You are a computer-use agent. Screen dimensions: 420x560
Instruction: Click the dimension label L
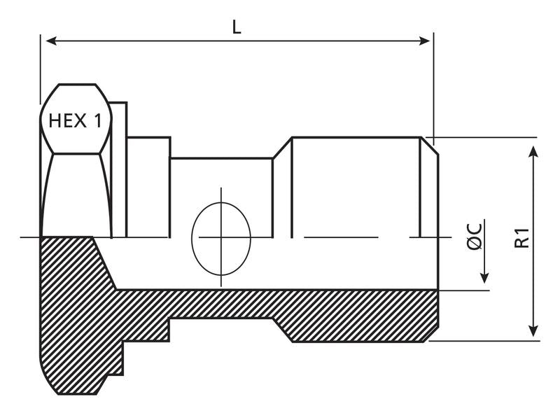237,27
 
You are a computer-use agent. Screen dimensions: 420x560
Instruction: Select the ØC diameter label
474,237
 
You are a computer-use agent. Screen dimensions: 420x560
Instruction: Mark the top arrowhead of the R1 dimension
534,152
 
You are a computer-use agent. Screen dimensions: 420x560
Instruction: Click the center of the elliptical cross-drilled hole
221,237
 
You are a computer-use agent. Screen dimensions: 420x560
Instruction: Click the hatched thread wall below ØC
364,315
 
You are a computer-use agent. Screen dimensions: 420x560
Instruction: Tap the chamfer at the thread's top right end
430,146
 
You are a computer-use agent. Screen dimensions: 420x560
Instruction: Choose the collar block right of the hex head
148,185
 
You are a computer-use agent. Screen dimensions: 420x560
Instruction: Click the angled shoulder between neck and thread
282,148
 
